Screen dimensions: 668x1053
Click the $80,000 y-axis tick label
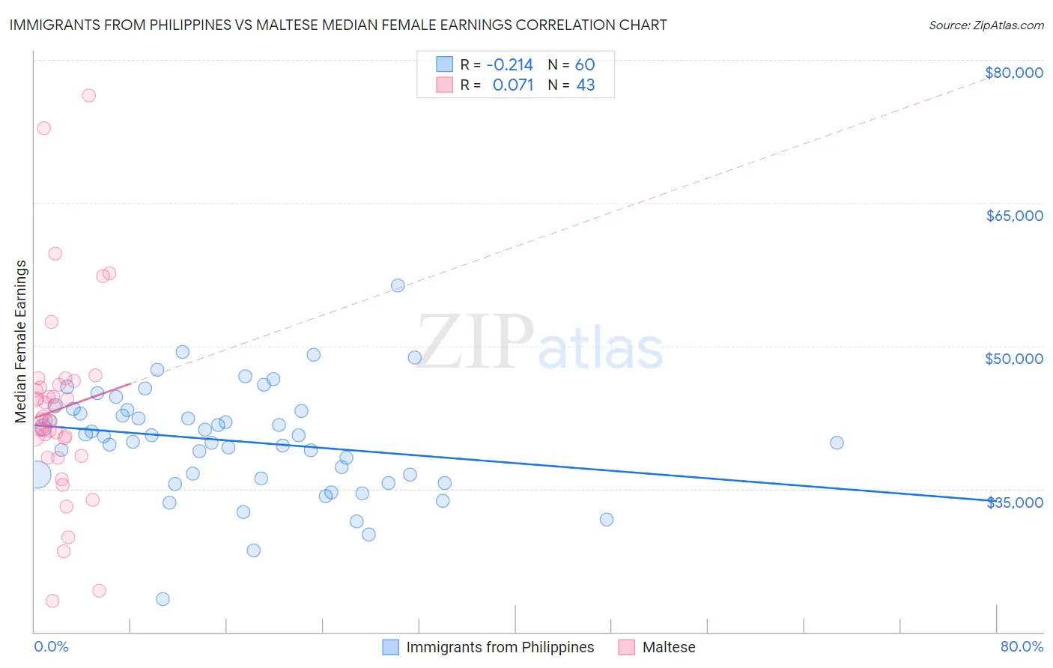(1014, 73)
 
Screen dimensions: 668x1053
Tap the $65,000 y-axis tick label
(1014, 216)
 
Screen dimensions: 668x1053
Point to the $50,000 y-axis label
(1014, 359)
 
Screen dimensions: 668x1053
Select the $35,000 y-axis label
(1014, 502)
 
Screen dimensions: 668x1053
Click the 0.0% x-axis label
(51, 646)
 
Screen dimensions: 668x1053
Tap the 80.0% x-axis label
(1022, 646)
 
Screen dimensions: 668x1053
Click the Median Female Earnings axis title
(21, 341)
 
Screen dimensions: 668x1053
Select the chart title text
(338, 25)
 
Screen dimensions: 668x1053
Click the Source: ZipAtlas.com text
(986, 25)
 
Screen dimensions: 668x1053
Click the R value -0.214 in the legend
(509, 64)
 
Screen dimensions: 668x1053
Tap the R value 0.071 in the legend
(512, 85)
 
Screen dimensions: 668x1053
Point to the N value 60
(585, 64)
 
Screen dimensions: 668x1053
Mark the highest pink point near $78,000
(88, 95)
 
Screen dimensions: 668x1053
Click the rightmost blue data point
(837, 443)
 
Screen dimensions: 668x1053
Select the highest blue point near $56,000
(398, 285)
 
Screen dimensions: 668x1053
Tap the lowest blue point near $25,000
(163, 599)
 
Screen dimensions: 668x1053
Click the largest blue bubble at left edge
(35, 474)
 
